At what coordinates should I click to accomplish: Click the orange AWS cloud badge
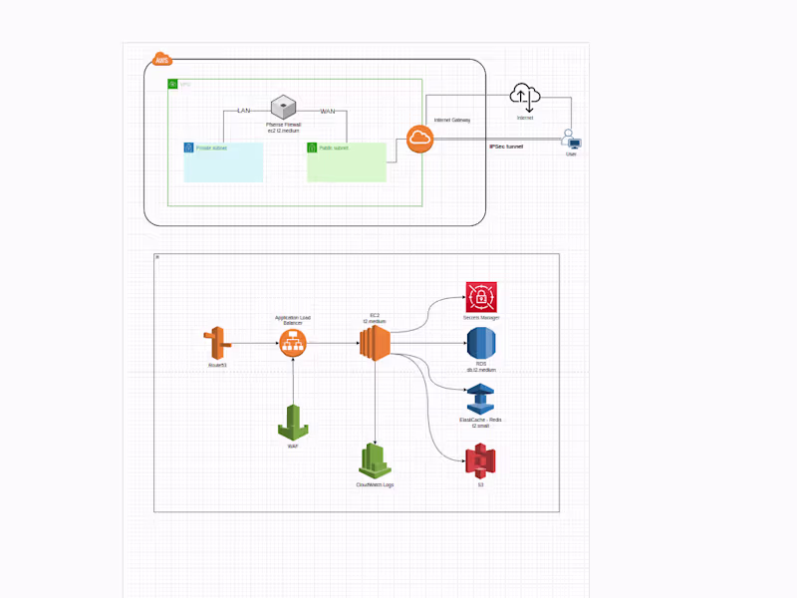coord(161,60)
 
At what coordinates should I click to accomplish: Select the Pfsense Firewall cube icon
coord(284,106)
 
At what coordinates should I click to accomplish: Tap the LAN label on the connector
coord(243,110)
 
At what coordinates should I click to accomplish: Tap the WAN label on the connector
coord(327,110)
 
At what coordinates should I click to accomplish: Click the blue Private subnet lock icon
coord(188,148)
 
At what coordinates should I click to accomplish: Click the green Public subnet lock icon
coord(312,148)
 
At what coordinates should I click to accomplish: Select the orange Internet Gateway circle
coord(419,140)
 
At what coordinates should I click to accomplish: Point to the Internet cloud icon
coord(524,97)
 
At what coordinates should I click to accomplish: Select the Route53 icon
coord(215,344)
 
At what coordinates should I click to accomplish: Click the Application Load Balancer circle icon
coord(293,344)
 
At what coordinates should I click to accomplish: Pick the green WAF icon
coord(293,422)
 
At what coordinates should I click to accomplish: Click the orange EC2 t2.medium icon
coord(375,344)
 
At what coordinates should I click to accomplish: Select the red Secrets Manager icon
coord(480,297)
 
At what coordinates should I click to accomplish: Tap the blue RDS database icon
coord(480,344)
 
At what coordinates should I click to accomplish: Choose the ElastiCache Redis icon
coord(480,399)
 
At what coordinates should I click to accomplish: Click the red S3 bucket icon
coord(480,460)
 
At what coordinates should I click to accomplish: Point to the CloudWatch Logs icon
coord(375,459)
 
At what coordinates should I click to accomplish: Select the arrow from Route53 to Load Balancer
coord(254,344)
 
